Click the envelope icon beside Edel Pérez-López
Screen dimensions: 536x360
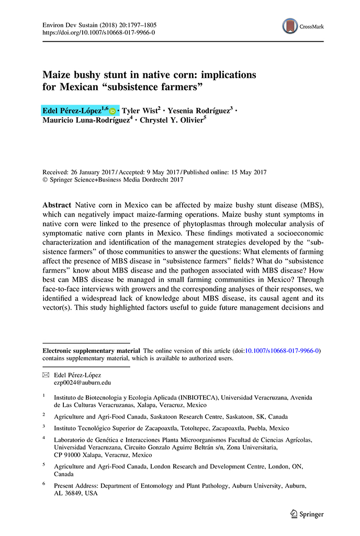tap(45, 375)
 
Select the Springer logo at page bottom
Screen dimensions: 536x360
tap(307, 514)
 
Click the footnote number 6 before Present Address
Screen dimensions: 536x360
tap(44, 484)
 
